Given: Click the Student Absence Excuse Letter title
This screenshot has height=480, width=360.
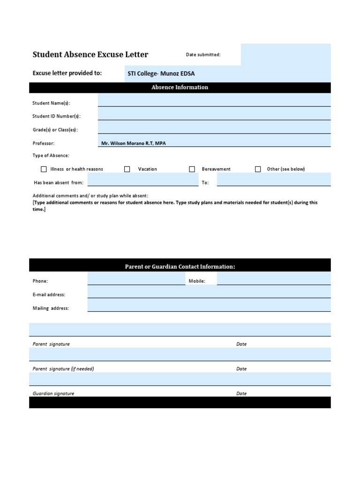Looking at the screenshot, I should [90, 54].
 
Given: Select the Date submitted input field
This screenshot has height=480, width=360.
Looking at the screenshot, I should [285, 55].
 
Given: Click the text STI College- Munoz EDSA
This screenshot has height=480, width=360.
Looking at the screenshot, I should [161, 74].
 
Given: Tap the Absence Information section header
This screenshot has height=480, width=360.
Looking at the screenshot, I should [180, 87].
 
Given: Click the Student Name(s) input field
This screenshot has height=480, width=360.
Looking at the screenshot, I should [214, 100].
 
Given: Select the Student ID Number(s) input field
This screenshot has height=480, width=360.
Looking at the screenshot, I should [214, 114].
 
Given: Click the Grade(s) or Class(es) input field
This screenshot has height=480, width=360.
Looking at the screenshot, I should [214, 127].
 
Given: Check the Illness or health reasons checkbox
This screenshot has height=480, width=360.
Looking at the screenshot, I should [44, 169].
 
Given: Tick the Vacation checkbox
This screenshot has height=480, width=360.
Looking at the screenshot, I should [127, 169].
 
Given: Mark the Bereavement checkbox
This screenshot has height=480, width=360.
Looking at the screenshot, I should [192, 169].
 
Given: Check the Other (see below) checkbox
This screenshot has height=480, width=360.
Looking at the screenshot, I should [258, 169].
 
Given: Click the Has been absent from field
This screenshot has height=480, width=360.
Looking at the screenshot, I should [142, 180].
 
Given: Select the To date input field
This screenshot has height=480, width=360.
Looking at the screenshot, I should [273, 180].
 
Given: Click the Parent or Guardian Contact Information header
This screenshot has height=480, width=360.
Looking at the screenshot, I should [180, 267].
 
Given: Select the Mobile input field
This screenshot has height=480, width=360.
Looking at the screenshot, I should [273, 279].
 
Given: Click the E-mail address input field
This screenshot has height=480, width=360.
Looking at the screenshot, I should [209, 292].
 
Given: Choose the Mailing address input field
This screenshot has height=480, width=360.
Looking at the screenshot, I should [209, 306].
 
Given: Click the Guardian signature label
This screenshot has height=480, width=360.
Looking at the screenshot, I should [53, 393].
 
